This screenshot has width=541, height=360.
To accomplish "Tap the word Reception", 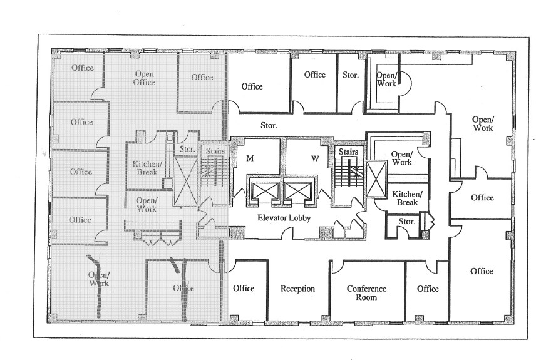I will pos(297,289).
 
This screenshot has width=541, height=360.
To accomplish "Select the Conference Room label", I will pos(366,293).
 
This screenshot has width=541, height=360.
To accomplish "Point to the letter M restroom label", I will pos(249,159).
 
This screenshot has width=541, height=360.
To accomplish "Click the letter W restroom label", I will pos(315,159).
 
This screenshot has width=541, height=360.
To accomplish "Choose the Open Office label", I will pos(144,78).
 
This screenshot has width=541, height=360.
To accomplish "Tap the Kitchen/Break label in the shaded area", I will pos(145,168).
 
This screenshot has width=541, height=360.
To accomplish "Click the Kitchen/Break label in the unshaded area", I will pos(405,198).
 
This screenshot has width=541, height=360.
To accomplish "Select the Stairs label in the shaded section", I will pos(211,151).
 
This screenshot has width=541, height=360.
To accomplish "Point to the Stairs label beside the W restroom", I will pos(348,152).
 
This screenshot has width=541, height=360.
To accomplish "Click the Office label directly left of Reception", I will pos(244,288).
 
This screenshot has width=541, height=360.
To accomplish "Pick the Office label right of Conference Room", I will pos(428,289).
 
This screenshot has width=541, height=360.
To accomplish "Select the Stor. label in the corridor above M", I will pos(269,125).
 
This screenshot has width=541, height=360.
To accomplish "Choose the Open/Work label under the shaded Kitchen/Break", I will pos(147,204).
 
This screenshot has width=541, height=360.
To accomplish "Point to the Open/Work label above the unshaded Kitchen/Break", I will pos(401,158).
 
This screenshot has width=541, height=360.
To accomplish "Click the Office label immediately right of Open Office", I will pos(202,77).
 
